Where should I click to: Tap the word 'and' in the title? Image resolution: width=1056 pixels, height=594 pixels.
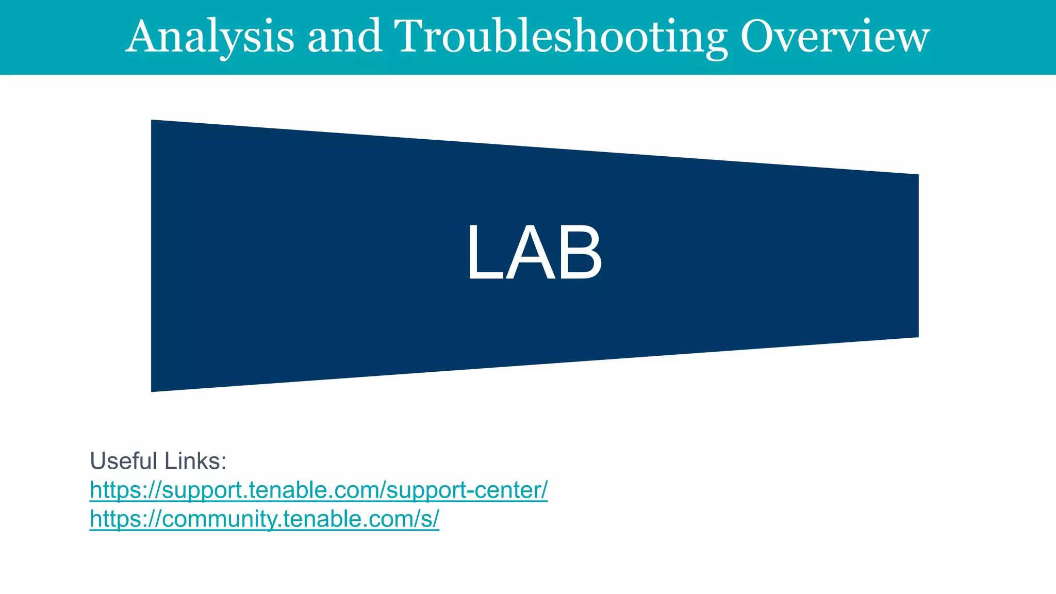pyautogui.click(x=345, y=36)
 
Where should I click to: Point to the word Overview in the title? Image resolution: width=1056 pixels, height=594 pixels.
pyautogui.click(x=835, y=36)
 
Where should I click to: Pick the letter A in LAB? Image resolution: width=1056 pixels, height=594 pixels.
pyautogui.click(x=531, y=253)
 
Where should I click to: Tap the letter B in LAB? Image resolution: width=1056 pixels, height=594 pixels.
pyautogui.click(x=580, y=253)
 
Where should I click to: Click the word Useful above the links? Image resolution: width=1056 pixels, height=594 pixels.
pyautogui.click(x=123, y=460)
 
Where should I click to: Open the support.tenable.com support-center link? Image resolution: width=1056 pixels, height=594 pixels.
pyautogui.click(x=318, y=490)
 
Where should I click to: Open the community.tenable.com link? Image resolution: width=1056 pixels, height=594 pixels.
pyautogui.click(x=264, y=519)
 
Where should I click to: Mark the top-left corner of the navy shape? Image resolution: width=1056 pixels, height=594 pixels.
pyautogui.click(x=152, y=121)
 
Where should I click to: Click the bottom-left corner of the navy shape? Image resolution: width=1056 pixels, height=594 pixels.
pyautogui.click(x=152, y=390)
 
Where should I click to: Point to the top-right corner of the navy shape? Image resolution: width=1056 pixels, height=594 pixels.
pyautogui.click(x=917, y=175)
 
